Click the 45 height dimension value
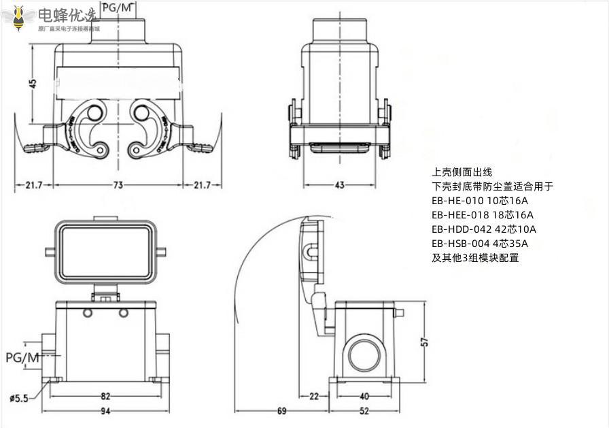click(33, 84)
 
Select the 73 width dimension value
click(118, 184)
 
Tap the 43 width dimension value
click(339, 184)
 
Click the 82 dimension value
click(105, 396)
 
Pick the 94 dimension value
click(105, 410)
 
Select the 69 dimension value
click(281, 410)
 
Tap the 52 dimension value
click(364, 410)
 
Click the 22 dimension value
click(314, 396)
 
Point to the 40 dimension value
click(364, 396)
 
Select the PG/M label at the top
click(118, 7)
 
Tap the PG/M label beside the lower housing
click(22, 357)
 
